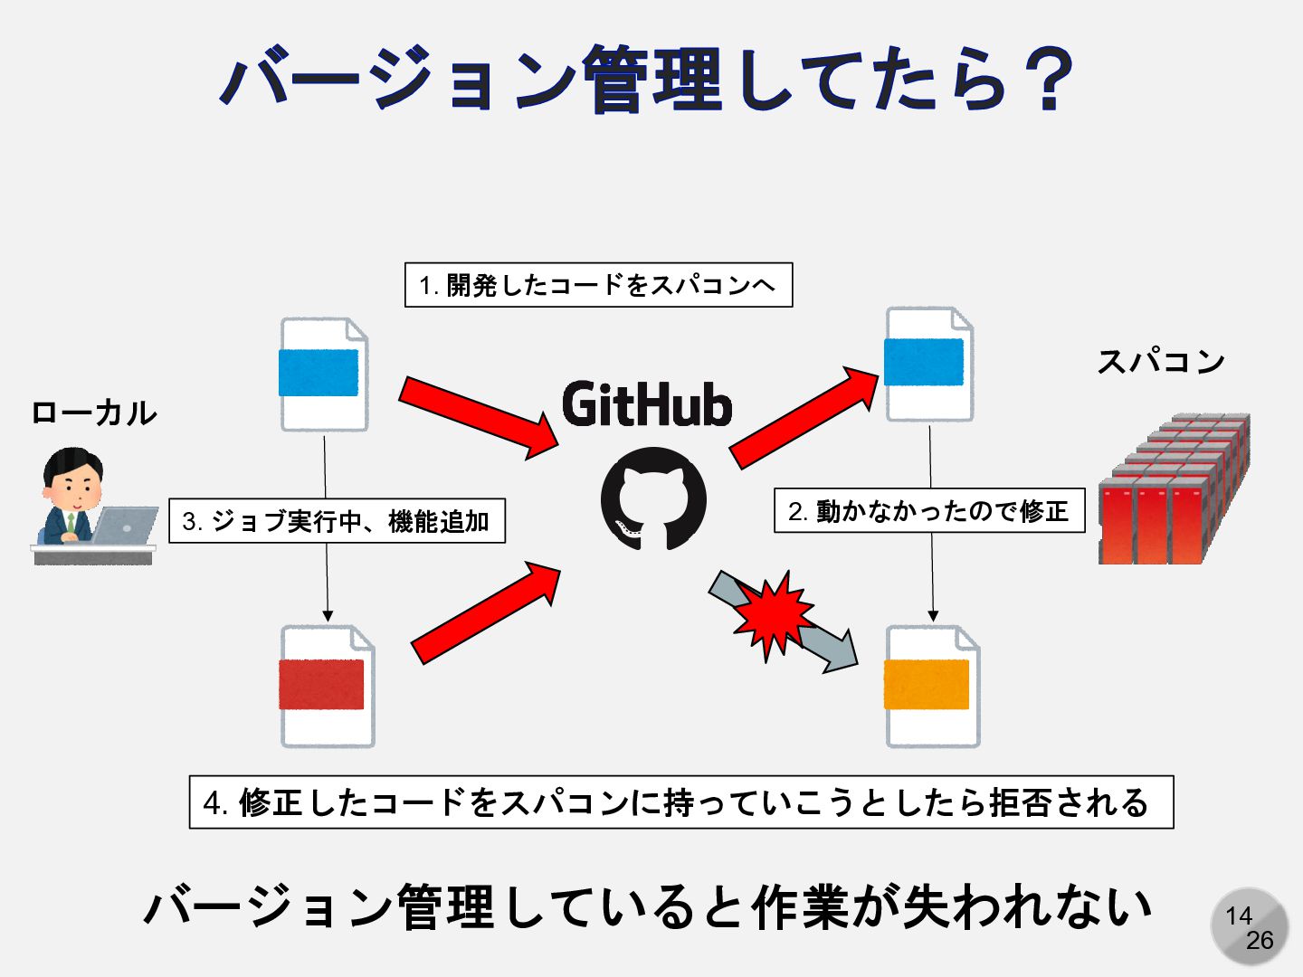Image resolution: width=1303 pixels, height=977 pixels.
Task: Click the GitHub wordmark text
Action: [647, 403]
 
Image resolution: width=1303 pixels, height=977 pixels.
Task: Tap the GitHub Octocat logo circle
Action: [653, 498]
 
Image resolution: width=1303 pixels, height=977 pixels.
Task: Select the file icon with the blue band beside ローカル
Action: [323, 374]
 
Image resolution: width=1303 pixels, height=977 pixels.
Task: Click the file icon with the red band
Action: [327, 686]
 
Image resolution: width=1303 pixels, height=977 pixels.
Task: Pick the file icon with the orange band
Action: [931, 686]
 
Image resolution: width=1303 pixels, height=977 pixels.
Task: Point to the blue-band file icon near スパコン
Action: [928, 364]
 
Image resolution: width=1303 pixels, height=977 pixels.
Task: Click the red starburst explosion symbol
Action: [772, 615]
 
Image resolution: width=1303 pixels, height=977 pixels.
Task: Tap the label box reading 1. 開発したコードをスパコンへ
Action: [598, 285]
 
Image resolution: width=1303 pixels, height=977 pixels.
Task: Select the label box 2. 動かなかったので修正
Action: [929, 511]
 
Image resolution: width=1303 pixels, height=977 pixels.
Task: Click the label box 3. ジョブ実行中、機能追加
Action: [337, 521]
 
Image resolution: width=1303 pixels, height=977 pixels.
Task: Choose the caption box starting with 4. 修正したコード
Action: [680, 802]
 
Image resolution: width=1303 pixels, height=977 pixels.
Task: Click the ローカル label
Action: [94, 413]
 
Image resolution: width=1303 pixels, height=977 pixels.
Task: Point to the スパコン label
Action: [1161, 361]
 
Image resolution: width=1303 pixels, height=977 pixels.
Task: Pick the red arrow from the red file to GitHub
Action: [485, 612]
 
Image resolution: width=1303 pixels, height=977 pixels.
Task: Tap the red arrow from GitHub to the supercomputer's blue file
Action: [804, 417]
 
